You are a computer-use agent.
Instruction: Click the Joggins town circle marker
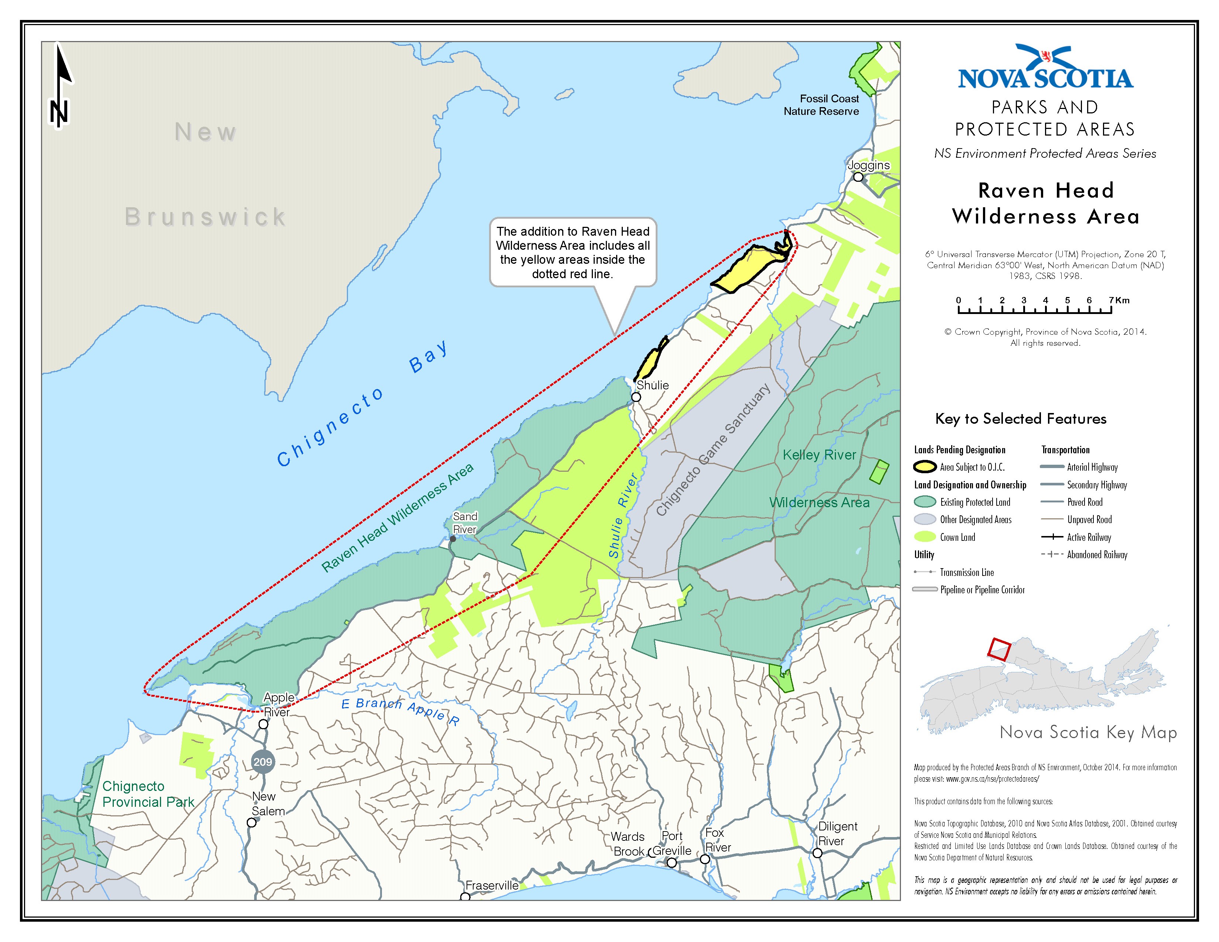point(858,177)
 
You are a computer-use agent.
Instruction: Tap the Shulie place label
point(652,385)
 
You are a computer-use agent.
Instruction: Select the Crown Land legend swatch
point(925,537)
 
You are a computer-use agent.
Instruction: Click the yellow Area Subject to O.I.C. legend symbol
point(925,467)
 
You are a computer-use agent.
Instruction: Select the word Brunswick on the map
point(205,216)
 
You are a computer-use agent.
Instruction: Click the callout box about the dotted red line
point(573,252)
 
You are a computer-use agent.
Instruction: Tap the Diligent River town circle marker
point(817,853)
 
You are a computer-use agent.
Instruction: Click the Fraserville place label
point(492,885)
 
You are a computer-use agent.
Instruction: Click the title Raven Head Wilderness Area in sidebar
point(1045,203)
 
